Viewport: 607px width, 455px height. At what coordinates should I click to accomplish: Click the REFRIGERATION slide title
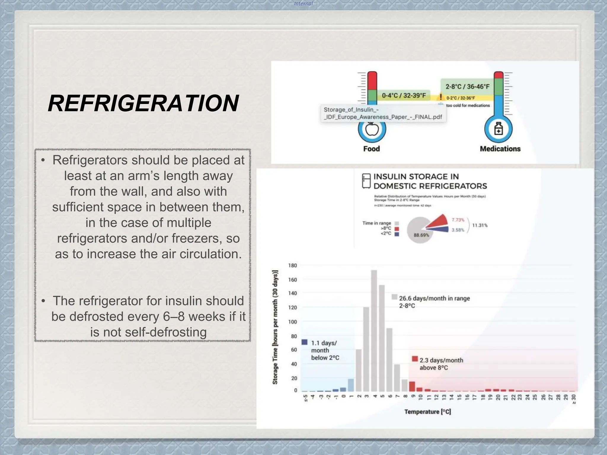tap(143, 103)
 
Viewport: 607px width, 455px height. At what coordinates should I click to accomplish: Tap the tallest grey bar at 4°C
tap(374, 330)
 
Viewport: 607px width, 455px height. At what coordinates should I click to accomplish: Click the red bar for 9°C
tap(412, 386)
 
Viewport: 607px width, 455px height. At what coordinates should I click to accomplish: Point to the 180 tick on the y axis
tap(293, 265)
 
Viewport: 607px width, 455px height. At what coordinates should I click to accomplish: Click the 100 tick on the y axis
tap(293, 322)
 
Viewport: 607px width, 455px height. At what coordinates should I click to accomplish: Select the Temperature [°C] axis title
tap(427, 412)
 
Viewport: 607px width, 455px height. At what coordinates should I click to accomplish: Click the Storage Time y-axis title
tap(275, 327)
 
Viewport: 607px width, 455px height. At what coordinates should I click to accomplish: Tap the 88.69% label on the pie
tap(421, 235)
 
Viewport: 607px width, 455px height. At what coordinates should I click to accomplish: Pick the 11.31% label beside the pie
tap(480, 225)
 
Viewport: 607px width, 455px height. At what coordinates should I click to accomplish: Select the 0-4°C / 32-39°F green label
tap(404, 95)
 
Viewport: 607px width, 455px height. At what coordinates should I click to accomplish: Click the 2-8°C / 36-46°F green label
tap(467, 86)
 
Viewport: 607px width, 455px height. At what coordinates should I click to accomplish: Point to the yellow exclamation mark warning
tap(441, 97)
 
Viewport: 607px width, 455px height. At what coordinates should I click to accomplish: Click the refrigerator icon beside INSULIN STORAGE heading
tap(366, 181)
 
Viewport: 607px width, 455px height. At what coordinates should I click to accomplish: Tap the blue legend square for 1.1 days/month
tap(304, 342)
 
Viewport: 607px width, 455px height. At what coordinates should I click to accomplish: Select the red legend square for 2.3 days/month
tap(415, 359)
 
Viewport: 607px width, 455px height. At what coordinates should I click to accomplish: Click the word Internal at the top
tap(303, 4)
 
